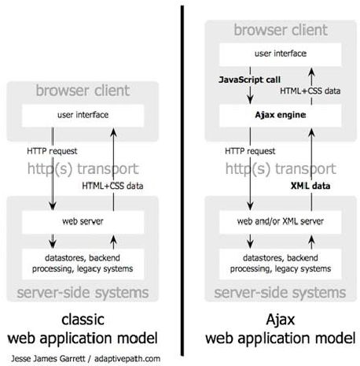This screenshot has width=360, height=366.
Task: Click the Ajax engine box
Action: click(281, 116)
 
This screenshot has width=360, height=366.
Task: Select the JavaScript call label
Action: click(249, 79)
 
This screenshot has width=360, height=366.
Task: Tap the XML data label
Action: click(310, 186)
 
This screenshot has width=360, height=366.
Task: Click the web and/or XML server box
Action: click(281, 222)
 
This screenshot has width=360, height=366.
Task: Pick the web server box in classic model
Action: click(83, 222)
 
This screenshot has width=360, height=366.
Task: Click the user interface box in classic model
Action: click(83, 116)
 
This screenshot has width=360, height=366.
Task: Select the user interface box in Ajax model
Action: click(281, 54)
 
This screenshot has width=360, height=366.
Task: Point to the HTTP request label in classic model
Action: click(52, 151)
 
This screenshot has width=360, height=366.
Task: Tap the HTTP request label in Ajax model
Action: click(250, 151)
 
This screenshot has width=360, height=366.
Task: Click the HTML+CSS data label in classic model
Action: click(112, 186)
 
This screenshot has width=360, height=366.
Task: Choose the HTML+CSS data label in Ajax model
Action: click(310, 91)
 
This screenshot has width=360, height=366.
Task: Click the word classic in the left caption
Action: click(83, 320)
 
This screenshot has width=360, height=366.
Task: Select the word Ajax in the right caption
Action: click(281, 320)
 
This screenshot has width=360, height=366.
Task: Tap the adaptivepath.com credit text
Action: click(127, 359)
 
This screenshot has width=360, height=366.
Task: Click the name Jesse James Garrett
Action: click(48, 358)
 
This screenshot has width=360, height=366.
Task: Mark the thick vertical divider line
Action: click(182, 181)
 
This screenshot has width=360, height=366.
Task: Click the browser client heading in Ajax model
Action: click(281, 30)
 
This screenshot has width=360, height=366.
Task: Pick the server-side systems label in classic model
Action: click(83, 293)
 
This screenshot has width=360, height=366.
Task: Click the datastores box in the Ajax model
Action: click(281, 264)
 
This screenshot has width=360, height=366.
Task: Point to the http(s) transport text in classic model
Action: click(83, 168)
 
